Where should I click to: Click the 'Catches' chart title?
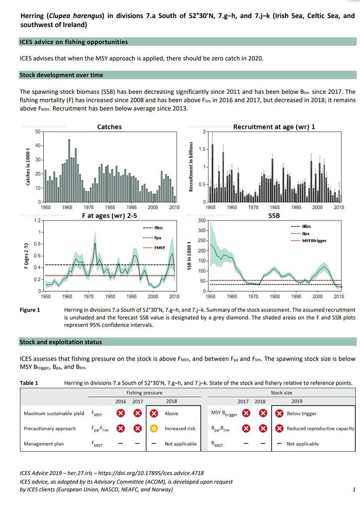(x=109, y=126)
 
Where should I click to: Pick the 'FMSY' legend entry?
(x=154, y=248)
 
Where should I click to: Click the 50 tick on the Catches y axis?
(x=37, y=132)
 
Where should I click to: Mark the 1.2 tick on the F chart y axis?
(x=37, y=221)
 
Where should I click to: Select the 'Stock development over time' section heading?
(x=61, y=75)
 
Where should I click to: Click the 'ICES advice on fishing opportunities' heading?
(x=74, y=42)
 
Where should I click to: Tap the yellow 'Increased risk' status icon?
(x=155, y=428)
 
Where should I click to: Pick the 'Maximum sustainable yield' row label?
(x=53, y=413)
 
